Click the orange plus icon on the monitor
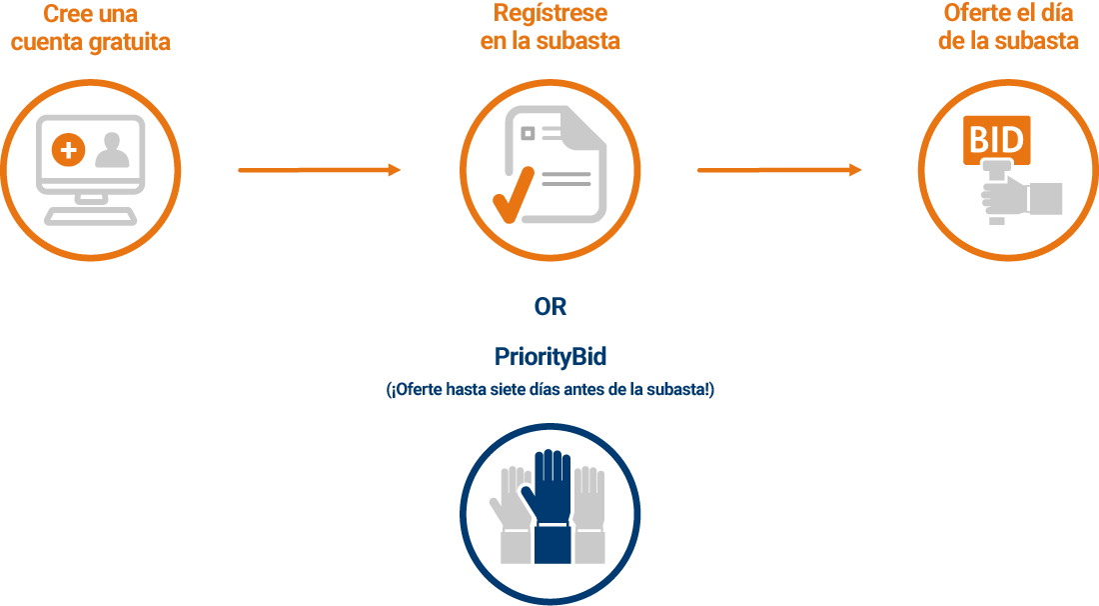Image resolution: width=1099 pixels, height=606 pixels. point(69,149)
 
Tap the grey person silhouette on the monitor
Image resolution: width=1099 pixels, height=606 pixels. point(112,150)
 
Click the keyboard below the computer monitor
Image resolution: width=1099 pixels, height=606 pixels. point(91,216)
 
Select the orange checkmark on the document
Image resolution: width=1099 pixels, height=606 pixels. point(514,194)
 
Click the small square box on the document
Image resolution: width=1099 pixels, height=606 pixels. point(528,133)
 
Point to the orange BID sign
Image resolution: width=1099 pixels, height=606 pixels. point(997,140)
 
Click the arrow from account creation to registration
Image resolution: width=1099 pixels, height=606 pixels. point(319,170)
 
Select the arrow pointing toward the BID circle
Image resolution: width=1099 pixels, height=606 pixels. point(778,170)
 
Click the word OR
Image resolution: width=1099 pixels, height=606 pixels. point(550,307)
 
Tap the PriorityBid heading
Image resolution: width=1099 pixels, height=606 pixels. point(550,357)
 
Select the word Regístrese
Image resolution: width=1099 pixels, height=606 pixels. point(550,13)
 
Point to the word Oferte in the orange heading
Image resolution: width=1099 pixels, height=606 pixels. point(975,13)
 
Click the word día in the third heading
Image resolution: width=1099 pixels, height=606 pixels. point(1058,13)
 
